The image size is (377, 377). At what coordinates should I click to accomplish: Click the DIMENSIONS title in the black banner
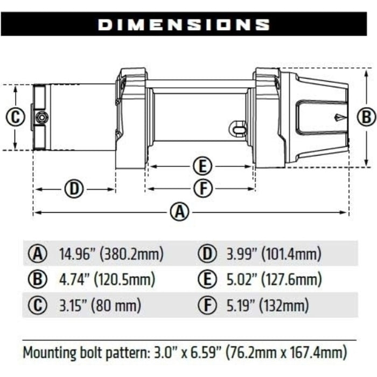point(184,24)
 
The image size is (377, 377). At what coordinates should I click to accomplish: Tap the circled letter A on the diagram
point(180,212)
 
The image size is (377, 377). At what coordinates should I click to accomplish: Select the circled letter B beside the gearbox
point(365,116)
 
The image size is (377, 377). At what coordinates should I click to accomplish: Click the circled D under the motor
point(75,189)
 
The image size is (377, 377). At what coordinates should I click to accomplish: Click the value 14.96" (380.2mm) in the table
point(111,254)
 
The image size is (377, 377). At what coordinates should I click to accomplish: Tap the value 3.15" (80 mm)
point(100,306)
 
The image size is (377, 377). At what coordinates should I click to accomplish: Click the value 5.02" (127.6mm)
point(271,280)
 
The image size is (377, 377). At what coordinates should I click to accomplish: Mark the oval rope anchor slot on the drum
point(237,128)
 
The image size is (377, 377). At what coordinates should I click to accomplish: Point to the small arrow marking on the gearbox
point(338,116)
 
